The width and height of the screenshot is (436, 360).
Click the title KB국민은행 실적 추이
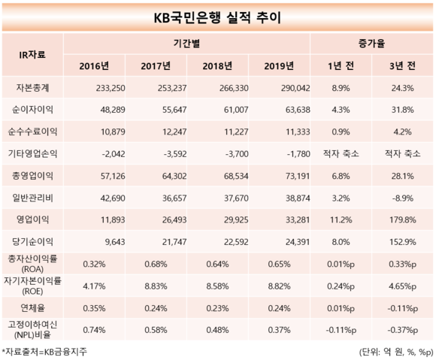pos(217,18)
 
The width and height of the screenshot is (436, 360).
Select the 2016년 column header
pos(94,66)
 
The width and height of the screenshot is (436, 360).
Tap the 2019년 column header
pos(279,66)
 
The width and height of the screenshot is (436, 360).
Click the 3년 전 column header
pos(402,66)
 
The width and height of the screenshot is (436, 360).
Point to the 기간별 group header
pos(186,44)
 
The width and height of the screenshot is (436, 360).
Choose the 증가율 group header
pos(371,44)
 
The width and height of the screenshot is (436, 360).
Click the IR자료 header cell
pos(32,54)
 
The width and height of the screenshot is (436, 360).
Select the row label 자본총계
pos(32,88)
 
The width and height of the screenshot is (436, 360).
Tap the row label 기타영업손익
pos(32,154)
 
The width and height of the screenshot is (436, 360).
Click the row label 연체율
pos(32,308)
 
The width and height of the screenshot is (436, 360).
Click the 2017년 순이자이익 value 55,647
pos(174,110)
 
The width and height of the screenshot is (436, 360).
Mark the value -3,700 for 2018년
pos(237,154)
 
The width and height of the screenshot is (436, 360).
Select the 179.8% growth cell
pos(403,220)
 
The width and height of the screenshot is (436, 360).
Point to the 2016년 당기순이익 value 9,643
pos(115,242)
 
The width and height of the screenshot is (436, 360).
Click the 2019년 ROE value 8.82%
pos(279,286)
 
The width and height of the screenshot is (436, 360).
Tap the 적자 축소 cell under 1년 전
pos(341,154)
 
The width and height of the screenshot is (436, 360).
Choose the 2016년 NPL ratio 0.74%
pos(94,330)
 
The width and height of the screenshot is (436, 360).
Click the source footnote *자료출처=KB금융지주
pos(44,352)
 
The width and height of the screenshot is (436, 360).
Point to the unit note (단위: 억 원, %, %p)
pos(396,352)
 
